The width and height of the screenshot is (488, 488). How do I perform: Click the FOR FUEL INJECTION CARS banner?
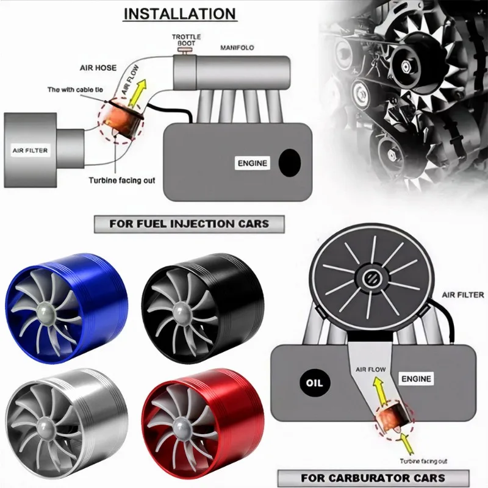(189, 223)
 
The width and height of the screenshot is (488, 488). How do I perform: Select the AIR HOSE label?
(98, 69)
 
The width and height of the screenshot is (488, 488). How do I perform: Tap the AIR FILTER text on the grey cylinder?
(30, 149)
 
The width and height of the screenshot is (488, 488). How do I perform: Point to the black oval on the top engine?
(289, 163)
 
